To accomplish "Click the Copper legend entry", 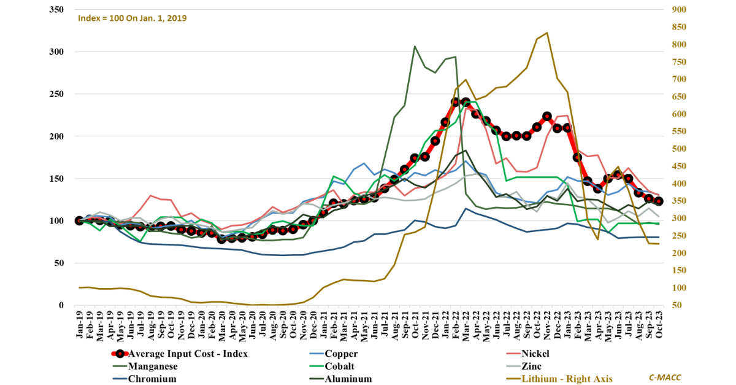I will click(341, 354).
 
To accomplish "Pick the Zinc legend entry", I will click(531, 367).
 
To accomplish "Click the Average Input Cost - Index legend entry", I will click(188, 354).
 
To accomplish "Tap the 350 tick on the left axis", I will click(56, 10).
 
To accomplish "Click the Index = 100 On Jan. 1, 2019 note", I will click(132, 18).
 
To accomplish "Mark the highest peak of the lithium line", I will click(546, 33).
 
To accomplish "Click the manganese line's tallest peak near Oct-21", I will click(415, 46).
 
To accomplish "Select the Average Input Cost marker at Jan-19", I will click(79, 220).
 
